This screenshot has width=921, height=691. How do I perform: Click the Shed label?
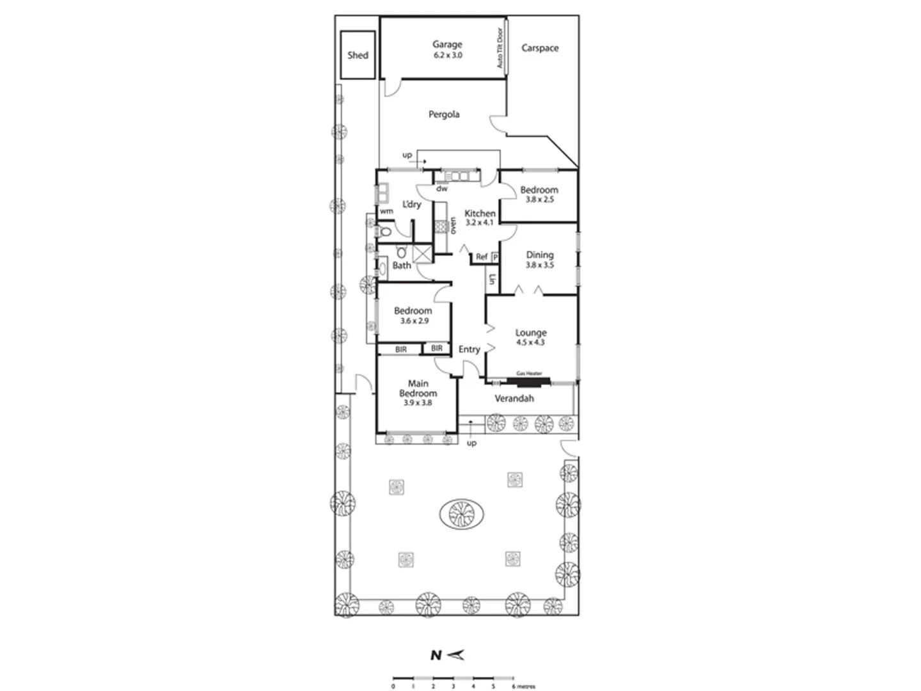[358, 55]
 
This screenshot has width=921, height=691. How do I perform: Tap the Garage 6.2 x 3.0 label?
[447, 49]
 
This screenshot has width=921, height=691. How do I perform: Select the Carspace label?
[540, 48]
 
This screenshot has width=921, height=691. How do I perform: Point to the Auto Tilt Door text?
[500, 48]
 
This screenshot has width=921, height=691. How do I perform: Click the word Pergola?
[444, 115]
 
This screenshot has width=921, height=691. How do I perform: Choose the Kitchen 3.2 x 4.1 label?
[480, 218]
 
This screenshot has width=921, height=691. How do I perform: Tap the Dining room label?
[540, 259]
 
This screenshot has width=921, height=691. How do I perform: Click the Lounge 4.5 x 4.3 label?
[531, 337]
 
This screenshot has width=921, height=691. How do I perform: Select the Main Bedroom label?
[418, 393]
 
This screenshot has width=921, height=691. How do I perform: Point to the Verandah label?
[514, 399]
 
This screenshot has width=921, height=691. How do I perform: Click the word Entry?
[469, 349]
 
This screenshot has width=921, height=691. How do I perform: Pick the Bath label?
[402, 266]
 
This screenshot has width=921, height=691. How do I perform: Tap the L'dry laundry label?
[411, 204]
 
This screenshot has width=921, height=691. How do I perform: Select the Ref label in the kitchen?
[482, 257]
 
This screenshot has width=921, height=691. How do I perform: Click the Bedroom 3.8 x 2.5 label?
[539, 194]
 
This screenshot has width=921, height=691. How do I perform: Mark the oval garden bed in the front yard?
[461, 514]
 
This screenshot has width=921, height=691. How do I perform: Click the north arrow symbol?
[456, 655]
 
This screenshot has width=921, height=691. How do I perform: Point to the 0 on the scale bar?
[393, 686]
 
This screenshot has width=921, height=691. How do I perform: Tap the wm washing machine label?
[386, 211]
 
